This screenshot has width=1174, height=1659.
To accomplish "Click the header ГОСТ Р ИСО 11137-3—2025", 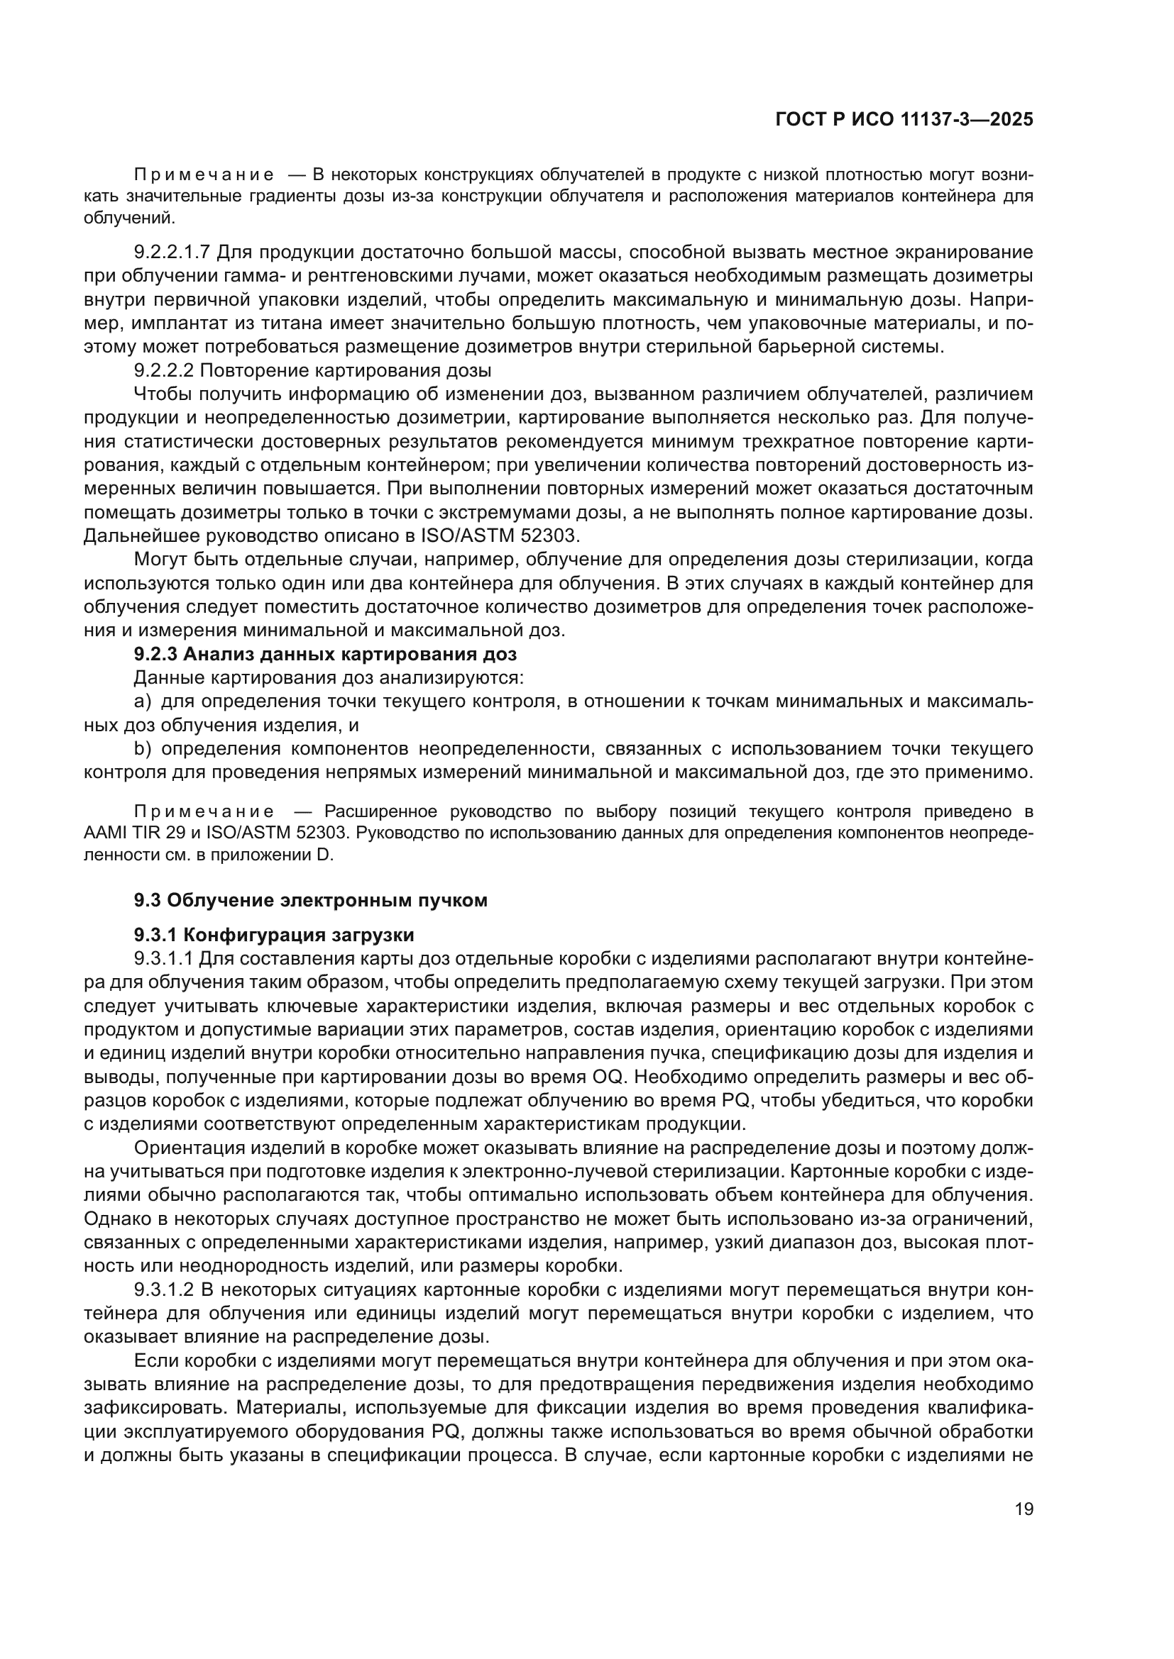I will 904,119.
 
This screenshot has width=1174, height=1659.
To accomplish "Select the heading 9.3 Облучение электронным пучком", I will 310,900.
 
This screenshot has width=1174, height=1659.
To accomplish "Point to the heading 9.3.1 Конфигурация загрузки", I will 274,935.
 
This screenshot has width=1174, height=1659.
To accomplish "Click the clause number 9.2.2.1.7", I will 172,253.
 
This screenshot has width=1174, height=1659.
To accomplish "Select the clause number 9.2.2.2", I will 164,371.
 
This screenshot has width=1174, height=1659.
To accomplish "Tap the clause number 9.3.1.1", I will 164,959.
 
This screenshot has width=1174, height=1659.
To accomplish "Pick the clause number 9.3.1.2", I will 164,1289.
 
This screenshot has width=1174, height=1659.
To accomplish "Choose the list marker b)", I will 143,748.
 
